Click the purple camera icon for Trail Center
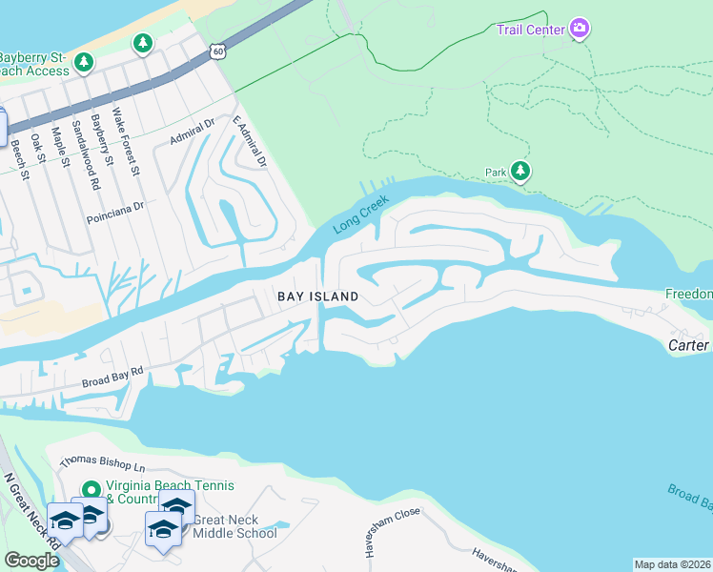pos(579,29)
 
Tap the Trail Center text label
pos(531,29)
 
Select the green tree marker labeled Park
pos(519,172)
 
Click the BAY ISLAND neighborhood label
pos(317,296)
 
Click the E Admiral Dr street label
pos(251,142)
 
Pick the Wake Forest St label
pos(126,143)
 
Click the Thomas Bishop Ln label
pos(102,466)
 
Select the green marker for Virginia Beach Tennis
pos(92,489)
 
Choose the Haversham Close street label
pos(387,525)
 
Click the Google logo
pos(31,561)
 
